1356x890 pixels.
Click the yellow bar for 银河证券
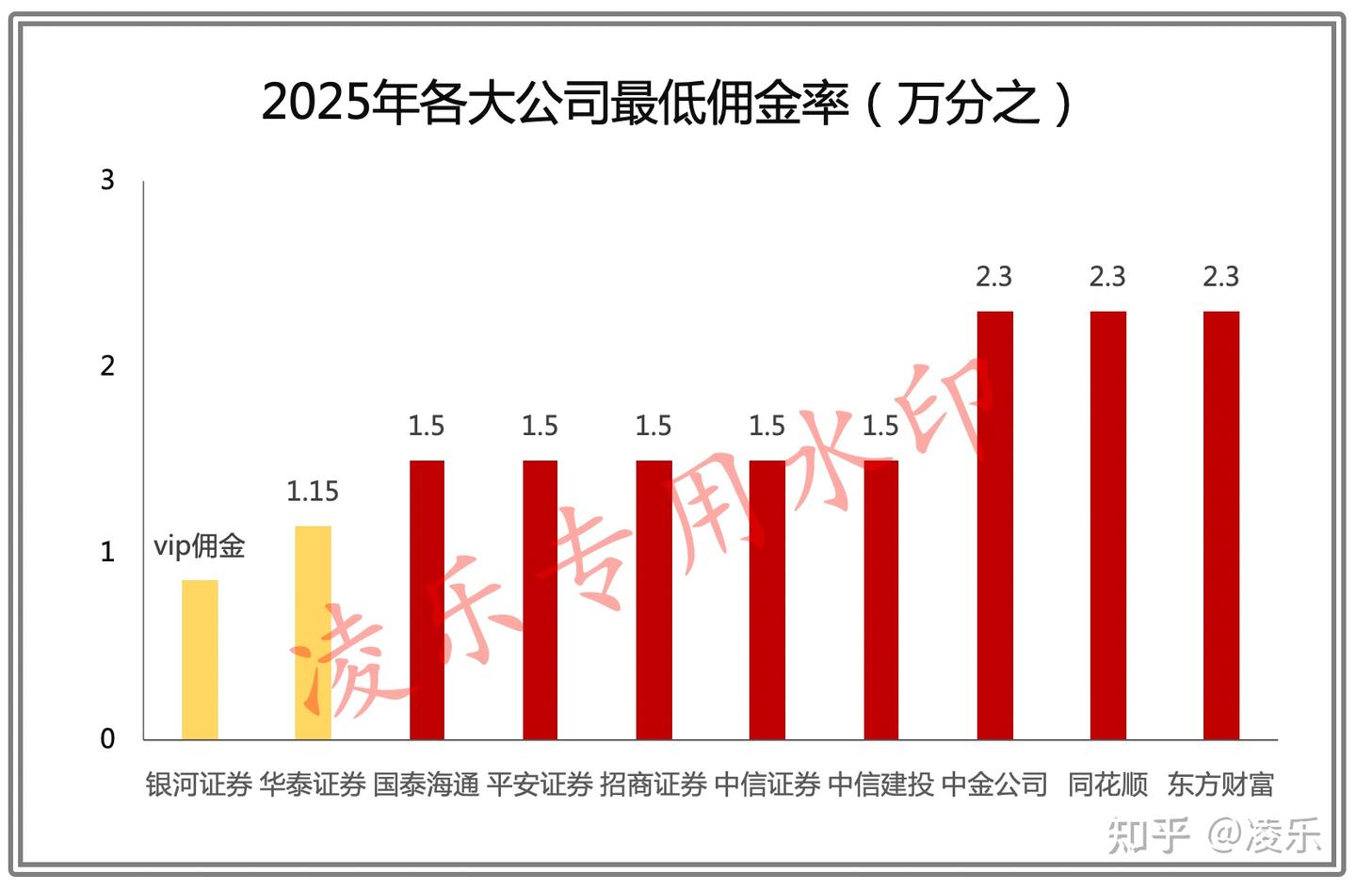click(x=200, y=659)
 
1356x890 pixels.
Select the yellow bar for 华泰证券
click(x=313, y=632)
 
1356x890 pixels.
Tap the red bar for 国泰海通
click(x=427, y=600)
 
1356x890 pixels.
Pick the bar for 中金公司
click(x=994, y=525)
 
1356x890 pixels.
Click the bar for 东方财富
click(x=1221, y=525)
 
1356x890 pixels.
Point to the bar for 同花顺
click(x=1107, y=525)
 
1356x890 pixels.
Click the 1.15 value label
click(x=313, y=491)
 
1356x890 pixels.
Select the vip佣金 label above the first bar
click(x=200, y=545)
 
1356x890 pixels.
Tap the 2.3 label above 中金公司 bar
click(x=994, y=276)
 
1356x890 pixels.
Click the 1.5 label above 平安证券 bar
click(x=540, y=426)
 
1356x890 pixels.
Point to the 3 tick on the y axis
click(x=107, y=180)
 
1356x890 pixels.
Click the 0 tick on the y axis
click(x=107, y=739)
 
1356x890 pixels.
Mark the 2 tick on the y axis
click(x=107, y=365)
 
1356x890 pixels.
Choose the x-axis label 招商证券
click(x=654, y=785)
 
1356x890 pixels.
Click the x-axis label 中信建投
click(x=880, y=785)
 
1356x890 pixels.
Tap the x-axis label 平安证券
click(x=540, y=785)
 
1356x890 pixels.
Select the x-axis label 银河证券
click(x=200, y=785)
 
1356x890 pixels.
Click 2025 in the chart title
click(x=315, y=102)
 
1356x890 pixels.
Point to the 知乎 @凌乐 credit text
click(x=1215, y=835)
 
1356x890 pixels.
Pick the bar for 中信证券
click(x=767, y=600)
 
